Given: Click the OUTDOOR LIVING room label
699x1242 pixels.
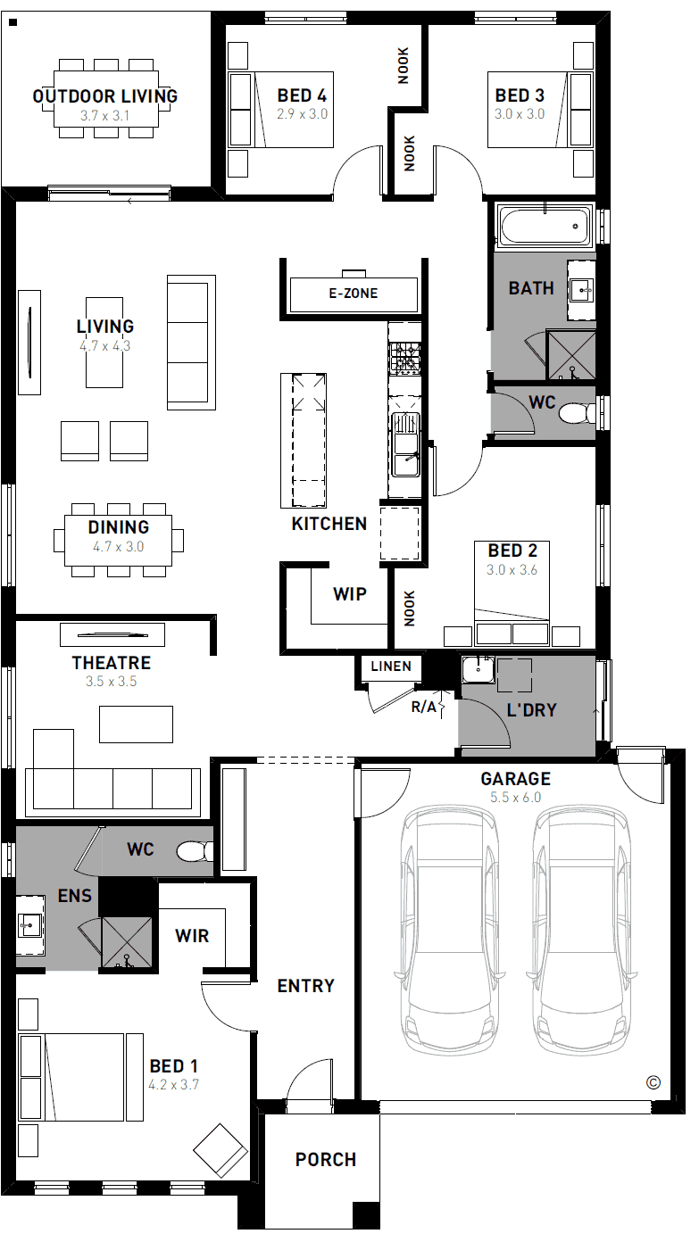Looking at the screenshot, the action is (x=105, y=96).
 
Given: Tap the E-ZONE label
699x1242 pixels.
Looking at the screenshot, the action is (x=354, y=294).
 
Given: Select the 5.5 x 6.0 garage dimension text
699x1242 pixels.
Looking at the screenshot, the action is (x=515, y=798).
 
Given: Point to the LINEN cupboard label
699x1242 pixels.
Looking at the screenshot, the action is (x=391, y=666).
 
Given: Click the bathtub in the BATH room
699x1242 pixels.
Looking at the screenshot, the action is (x=545, y=226).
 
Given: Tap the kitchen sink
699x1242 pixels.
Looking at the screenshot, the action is (x=405, y=444).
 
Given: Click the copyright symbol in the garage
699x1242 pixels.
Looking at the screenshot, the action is (x=653, y=1082).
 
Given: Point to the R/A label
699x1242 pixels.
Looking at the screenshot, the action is (x=424, y=707).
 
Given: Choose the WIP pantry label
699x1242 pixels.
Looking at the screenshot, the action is (x=350, y=594).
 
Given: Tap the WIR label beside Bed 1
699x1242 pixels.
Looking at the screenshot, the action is (x=192, y=936).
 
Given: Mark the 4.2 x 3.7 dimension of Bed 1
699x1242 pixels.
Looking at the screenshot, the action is (x=174, y=1085).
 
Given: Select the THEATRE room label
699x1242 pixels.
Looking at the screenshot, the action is (x=112, y=663).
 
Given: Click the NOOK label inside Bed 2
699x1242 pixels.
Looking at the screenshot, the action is (x=410, y=609).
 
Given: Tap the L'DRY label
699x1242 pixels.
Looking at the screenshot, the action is (x=531, y=709).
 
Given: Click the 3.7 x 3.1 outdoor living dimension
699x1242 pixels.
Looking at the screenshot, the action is (x=104, y=116).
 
